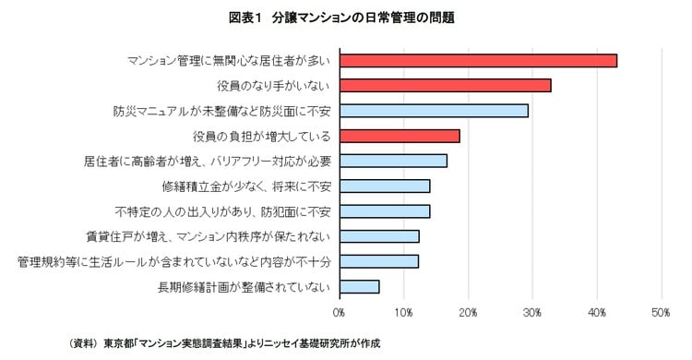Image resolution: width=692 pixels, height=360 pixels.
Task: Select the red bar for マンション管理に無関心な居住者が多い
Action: point(478,61)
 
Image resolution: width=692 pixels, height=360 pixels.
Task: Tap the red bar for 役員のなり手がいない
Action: point(445,86)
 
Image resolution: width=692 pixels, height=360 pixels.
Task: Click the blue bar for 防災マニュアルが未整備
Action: point(434,111)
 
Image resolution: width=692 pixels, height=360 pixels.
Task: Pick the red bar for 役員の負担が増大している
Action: point(400,136)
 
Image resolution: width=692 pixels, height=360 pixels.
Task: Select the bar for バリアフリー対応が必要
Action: point(393,161)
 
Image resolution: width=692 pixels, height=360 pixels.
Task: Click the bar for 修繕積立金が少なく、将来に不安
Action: point(385,186)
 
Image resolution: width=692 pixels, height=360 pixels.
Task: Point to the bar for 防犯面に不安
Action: point(385,210)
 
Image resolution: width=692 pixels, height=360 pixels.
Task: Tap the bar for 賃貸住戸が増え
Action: point(379,236)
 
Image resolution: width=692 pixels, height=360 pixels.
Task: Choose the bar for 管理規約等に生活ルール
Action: point(379,261)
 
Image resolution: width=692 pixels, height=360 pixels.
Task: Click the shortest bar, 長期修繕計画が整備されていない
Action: point(359,286)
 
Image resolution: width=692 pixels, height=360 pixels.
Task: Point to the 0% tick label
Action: point(340,314)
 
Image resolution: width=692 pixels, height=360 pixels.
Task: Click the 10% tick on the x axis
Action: point(403,314)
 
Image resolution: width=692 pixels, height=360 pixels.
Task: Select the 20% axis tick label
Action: point(468,314)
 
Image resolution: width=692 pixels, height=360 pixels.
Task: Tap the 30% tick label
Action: point(532,314)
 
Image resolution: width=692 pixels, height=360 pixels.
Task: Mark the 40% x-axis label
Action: point(597,314)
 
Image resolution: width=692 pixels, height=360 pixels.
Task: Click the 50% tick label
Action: point(661,314)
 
